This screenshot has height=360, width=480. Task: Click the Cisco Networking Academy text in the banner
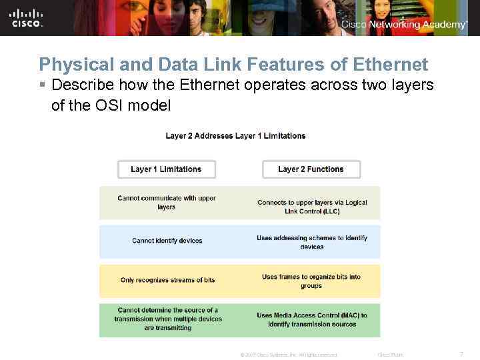404,25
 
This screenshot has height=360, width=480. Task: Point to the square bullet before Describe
42,86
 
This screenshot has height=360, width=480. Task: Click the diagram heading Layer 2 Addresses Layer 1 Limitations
235,136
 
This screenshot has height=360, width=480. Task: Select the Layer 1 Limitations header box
166,169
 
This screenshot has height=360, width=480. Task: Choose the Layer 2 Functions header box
311,169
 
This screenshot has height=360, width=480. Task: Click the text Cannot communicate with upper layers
167,203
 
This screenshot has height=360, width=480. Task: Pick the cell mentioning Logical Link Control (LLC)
312,207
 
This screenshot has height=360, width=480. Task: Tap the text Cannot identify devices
167,241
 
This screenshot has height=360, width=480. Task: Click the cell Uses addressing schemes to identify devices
312,242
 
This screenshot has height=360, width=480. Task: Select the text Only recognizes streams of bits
167,280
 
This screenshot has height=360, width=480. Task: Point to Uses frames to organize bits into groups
311,281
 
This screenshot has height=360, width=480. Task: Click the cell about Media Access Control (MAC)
312,320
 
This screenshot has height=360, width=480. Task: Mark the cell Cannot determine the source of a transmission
167,319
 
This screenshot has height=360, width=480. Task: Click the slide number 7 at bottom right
461,354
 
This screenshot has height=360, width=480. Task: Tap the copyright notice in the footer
288,355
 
